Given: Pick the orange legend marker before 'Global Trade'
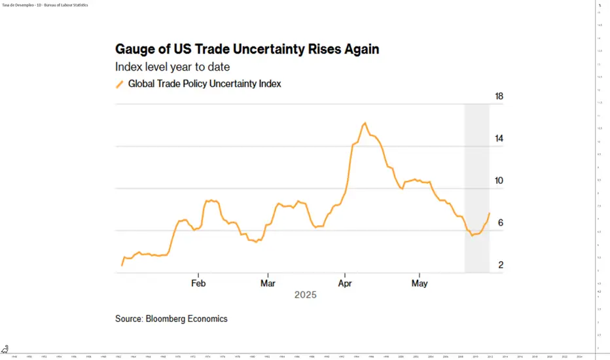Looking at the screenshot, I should pyautogui.click(x=119, y=84).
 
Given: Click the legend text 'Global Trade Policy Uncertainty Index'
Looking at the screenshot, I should pyautogui.click(x=204, y=84).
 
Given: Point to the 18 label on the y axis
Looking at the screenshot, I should pyautogui.click(x=499, y=96).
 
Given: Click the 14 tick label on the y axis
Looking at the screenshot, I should pyautogui.click(x=499, y=138).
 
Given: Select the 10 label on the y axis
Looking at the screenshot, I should pyautogui.click(x=499, y=181).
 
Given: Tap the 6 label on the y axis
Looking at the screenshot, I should pyautogui.click(x=500, y=223).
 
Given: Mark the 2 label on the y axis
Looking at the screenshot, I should pyautogui.click(x=500, y=265).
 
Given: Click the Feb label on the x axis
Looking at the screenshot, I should pyautogui.click(x=198, y=283).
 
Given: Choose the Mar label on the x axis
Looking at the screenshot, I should pyautogui.click(x=268, y=283).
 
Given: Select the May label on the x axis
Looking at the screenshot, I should pyautogui.click(x=420, y=283).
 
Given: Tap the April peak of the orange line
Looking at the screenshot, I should pyautogui.click(x=365, y=123).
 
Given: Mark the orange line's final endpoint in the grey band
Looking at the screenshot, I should pyautogui.click(x=489, y=213).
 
